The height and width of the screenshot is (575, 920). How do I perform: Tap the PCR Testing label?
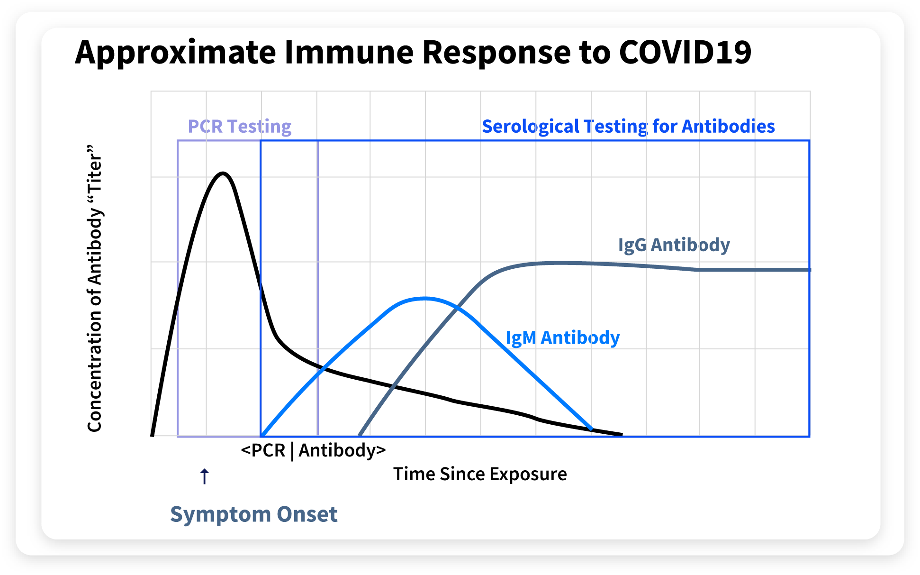240,127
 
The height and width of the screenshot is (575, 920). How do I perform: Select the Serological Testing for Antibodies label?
628,127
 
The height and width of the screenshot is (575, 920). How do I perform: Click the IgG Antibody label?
674,245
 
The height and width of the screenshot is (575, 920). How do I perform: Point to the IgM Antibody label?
563,338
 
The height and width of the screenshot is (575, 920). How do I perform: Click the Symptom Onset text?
254,514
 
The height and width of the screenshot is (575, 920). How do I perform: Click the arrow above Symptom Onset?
204,476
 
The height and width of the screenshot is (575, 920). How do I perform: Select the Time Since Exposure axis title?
480,474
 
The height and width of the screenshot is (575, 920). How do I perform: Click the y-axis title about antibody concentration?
95,288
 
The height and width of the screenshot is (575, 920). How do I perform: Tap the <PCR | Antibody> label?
313,450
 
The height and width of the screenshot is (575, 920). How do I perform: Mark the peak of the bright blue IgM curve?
425,298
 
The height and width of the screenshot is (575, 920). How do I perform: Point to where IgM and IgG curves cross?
456,309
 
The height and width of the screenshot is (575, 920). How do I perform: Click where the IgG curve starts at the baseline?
360,434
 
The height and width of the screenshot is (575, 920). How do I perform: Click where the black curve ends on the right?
622,434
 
